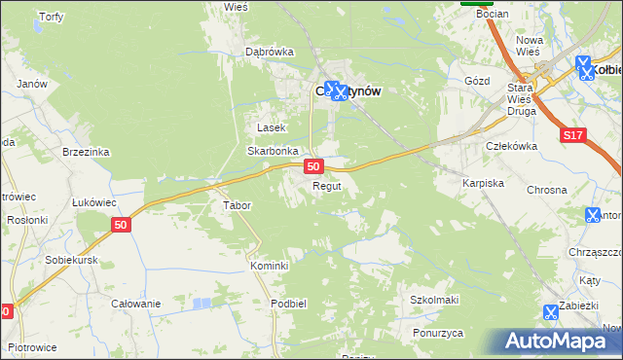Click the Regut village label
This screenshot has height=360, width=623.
pyautogui.click(x=326, y=186)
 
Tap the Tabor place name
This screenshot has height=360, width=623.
pyautogui.click(x=238, y=205)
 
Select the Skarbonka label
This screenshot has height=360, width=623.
pyautogui.click(x=272, y=152)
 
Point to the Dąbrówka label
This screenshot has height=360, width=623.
pyautogui.click(x=270, y=52)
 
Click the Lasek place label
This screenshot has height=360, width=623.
pyautogui.click(x=271, y=127)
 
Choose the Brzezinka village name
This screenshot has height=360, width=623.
pyautogui.click(x=86, y=152)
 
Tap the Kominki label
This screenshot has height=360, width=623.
pyautogui.click(x=268, y=266)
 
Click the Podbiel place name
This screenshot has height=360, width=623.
pyautogui.click(x=290, y=303)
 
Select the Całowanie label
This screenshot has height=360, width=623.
pyautogui.click(x=135, y=304)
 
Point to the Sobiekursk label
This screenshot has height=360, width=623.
pyautogui.click(x=73, y=261)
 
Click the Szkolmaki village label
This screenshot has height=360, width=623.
pyautogui.click(x=434, y=300)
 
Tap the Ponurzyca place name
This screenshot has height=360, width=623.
pyautogui.click(x=436, y=332)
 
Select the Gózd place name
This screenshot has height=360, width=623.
pyautogui.click(x=477, y=82)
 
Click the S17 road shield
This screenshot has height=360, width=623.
pyautogui.click(x=574, y=139)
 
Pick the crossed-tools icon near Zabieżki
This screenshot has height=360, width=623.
pyautogui.click(x=551, y=313)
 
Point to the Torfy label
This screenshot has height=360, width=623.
pyautogui.click(x=50, y=18)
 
